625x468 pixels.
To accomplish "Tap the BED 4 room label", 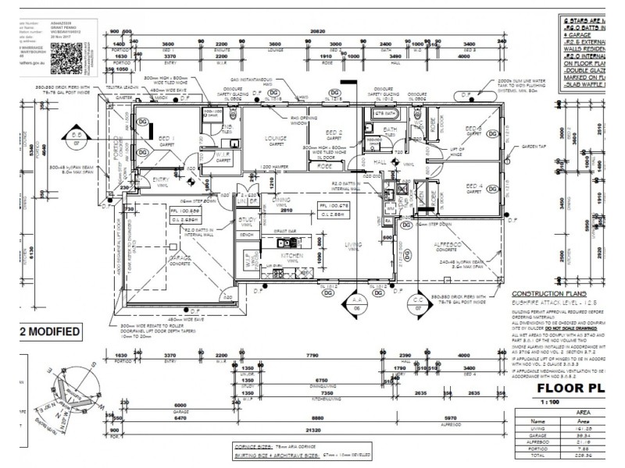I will [x=474, y=185].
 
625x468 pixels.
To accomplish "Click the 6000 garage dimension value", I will [x=180, y=406].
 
